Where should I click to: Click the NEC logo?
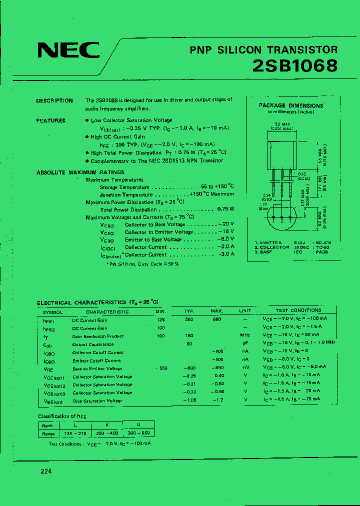tap(68, 50)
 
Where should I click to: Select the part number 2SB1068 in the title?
tap(294, 65)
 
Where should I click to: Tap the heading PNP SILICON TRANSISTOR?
tap(263, 49)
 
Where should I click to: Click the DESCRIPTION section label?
tap(54, 100)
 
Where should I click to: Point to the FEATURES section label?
tap(50, 120)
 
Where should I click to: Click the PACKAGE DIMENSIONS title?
tap(291, 105)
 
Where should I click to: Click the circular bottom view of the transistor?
tap(282, 218)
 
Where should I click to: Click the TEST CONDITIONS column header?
tap(298, 310)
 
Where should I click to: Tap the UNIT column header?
tap(245, 310)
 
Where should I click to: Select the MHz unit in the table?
tap(245, 335)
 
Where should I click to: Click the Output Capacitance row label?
tap(93, 344)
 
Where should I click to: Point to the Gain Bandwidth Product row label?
tap(98, 336)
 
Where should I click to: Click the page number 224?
tap(46, 471)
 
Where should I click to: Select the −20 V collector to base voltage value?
tap(226, 224)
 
